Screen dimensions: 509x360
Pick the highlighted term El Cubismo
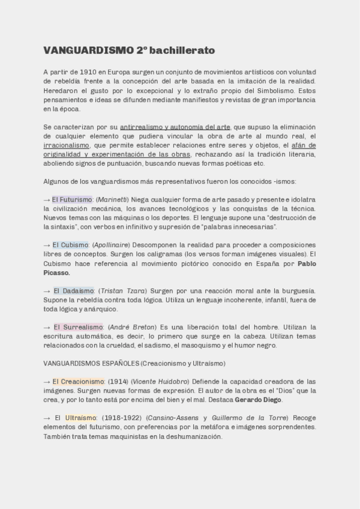click(x=70, y=245)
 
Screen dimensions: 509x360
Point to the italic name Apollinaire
click(x=111, y=245)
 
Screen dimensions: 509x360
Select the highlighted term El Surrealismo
click(x=78, y=327)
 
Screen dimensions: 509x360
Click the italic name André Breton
click(x=131, y=327)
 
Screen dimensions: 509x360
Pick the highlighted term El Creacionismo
click(x=78, y=382)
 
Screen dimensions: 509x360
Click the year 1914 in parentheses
click(x=118, y=382)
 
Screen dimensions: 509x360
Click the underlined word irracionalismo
click(x=67, y=145)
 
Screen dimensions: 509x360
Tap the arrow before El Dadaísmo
click(x=47, y=291)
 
